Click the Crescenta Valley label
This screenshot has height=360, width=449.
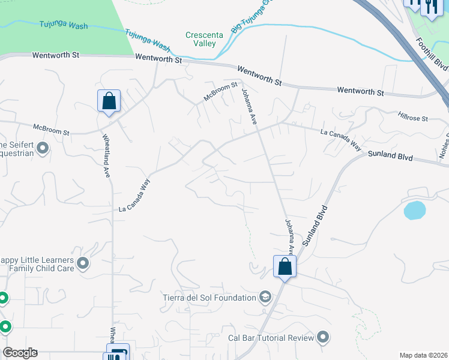click(x=204, y=39)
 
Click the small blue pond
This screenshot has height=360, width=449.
click(x=415, y=210)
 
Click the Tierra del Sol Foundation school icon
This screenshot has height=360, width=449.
click(x=265, y=297)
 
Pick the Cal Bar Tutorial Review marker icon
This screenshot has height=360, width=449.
click(x=324, y=338)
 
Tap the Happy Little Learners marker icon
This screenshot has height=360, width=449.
click(x=83, y=263)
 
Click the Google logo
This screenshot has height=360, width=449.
click(x=20, y=352)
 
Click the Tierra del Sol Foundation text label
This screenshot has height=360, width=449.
click(x=209, y=297)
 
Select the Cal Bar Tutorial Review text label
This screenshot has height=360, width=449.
click(x=271, y=338)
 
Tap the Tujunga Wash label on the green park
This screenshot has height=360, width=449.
click(x=64, y=25)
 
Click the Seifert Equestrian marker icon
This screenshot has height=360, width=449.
click(x=42, y=147)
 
